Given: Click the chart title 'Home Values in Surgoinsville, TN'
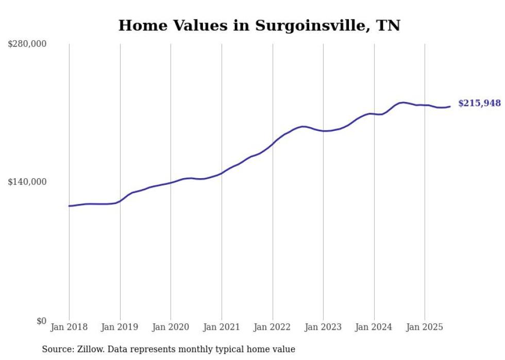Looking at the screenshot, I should [x=259, y=25].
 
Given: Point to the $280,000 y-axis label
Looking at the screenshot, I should [x=27, y=44].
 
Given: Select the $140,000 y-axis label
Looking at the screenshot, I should [x=27, y=182].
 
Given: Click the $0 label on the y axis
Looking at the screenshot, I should [x=41, y=321].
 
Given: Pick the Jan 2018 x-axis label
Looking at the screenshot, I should [x=69, y=327].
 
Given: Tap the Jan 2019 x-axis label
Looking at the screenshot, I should [x=120, y=327].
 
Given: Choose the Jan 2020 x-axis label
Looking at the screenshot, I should [x=171, y=327].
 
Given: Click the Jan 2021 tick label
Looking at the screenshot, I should [x=222, y=327].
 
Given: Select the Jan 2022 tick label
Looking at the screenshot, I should [x=273, y=327].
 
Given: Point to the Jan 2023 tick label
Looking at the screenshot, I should [x=323, y=327].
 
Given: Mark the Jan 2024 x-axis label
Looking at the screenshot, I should [x=374, y=327].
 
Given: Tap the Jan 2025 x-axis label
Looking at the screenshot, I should [x=425, y=327].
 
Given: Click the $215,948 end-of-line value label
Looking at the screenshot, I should [x=479, y=104].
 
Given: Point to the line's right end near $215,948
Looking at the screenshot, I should [x=450, y=107].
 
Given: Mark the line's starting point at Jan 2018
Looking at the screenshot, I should [x=69, y=206].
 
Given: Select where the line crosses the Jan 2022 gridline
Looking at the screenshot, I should [x=273, y=144].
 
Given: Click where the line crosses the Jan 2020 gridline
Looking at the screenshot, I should [x=171, y=182].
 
